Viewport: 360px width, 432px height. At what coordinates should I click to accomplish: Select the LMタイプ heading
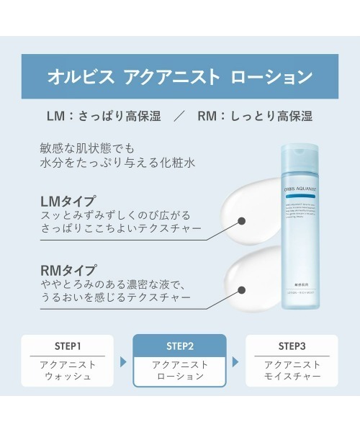pos(70,201)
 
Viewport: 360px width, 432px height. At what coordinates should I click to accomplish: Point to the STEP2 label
pos(180,345)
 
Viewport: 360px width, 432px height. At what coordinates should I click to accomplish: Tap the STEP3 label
pos(292,345)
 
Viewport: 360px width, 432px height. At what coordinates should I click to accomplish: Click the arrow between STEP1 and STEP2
pos(123,361)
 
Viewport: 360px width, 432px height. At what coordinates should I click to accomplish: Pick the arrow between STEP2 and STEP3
pos(237,361)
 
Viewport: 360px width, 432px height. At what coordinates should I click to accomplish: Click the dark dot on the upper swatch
pos(241,222)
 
